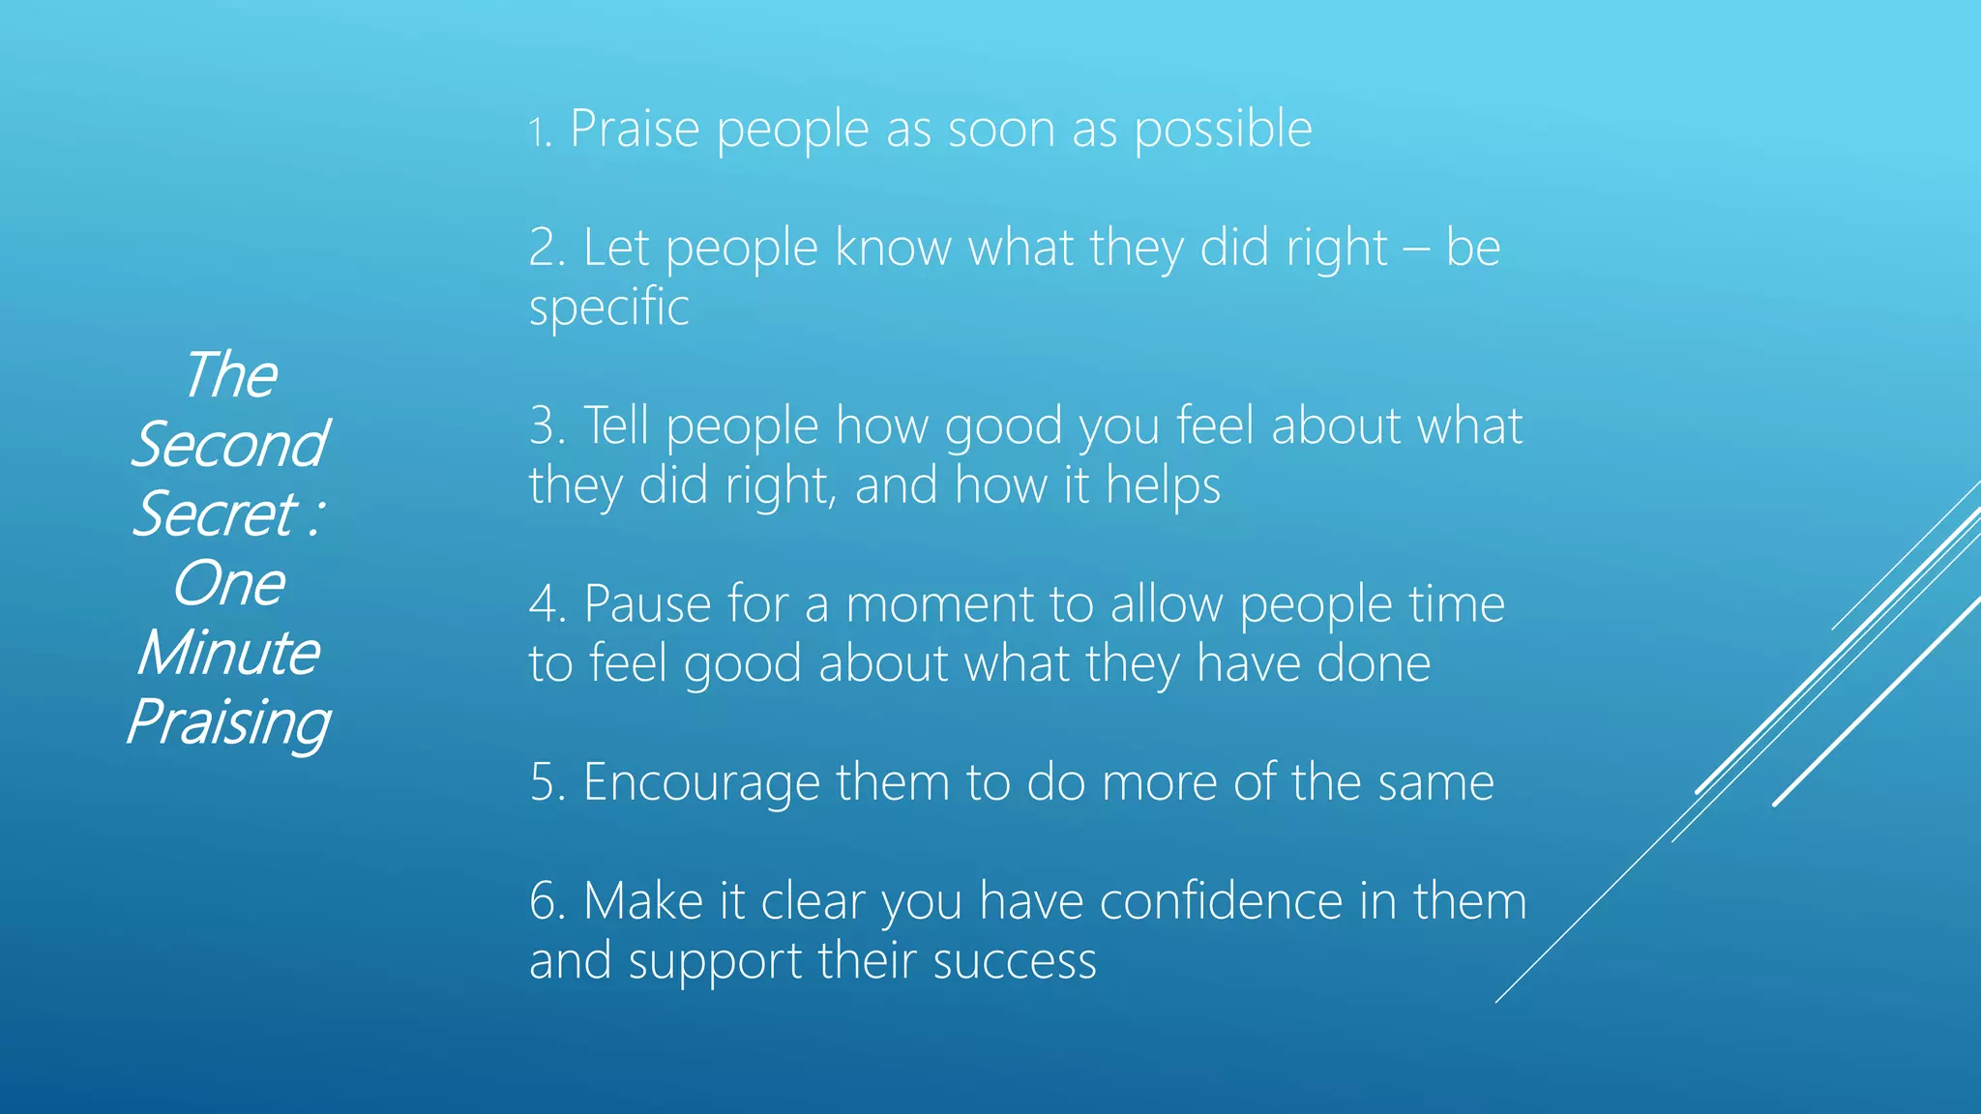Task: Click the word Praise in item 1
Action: pyautogui.click(x=635, y=129)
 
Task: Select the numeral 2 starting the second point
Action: pyautogui.click(x=546, y=248)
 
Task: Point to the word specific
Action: pyautogui.click(x=608, y=308)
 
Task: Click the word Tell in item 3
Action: pyautogui.click(x=616, y=425)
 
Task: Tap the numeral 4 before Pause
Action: pyautogui.click(x=547, y=604)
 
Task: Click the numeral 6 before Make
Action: pyautogui.click(x=547, y=901)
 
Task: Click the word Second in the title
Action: pyautogui.click(x=230, y=445)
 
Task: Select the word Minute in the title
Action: pyautogui.click(x=228, y=653)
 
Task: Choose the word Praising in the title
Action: pyautogui.click(x=228, y=723)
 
